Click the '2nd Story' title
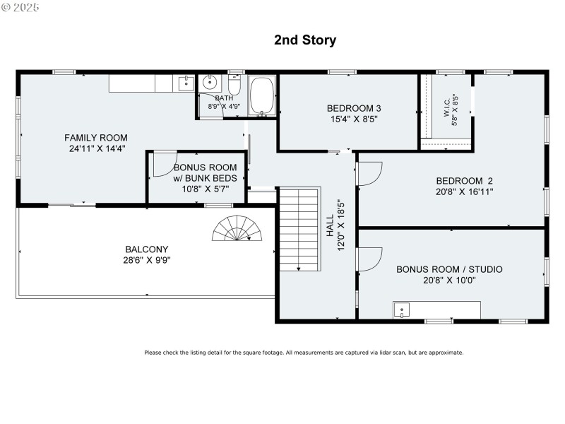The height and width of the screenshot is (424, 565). (x=305, y=40)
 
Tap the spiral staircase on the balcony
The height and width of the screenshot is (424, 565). (x=238, y=229)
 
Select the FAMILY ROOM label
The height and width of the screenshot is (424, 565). (x=95, y=137)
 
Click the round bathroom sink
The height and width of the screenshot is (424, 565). (x=210, y=83)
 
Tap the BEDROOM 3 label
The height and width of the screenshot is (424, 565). (x=354, y=108)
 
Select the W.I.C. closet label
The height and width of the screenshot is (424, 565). (x=447, y=111)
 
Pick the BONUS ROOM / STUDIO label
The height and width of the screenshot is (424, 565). (x=449, y=269)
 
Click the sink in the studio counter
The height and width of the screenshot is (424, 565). (x=401, y=310)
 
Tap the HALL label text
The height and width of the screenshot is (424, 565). (x=329, y=226)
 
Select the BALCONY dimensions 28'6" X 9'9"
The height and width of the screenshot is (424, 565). (x=147, y=259)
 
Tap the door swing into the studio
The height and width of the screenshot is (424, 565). (x=369, y=258)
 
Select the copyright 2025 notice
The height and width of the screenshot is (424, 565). (x=21, y=7)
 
